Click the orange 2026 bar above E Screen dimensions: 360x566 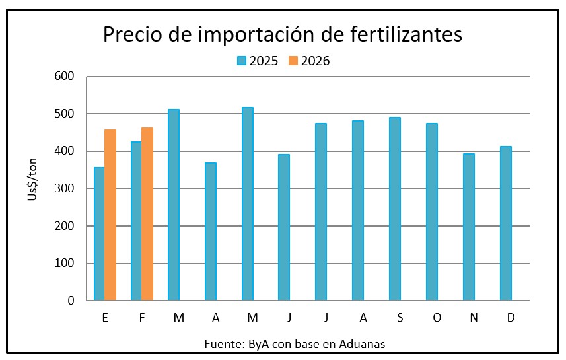pos(110,215)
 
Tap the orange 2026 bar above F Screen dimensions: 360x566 pos(147,214)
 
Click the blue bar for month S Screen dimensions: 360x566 pos(394,209)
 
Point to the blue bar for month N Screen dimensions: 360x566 pos(468,227)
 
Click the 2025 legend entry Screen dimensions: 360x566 pos(258,61)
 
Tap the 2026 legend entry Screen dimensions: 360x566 pos(309,61)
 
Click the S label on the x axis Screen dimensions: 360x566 pos(400,318)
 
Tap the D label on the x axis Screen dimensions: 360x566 pos(511,318)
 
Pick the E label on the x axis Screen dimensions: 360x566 pos(105,318)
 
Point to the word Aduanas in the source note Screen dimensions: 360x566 pos(362,344)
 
